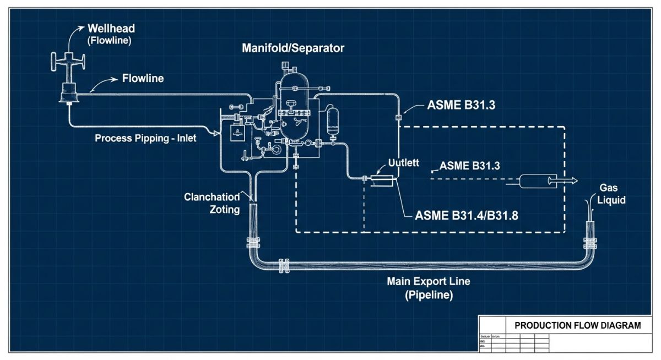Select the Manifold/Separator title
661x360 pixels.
pos(293,48)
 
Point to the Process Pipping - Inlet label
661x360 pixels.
pos(145,138)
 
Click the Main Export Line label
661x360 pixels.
pos(429,281)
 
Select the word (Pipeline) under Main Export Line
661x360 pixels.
pos(429,295)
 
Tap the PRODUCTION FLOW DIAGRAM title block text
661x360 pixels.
pos(577,325)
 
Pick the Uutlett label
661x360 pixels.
pos(404,163)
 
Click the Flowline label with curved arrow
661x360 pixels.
pos(143,79)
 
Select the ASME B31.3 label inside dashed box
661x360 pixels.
pos(470,165)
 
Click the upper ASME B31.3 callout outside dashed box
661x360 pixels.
pos(461,106)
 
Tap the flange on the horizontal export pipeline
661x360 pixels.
pos(285,266)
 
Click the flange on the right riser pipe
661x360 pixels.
pos(590,243)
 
